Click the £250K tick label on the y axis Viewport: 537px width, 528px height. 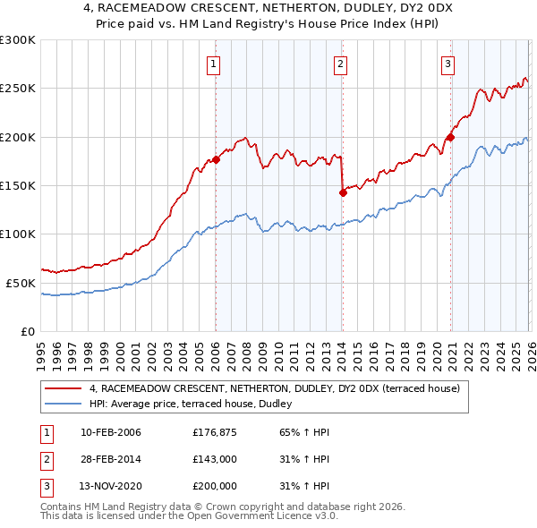click(18, 89)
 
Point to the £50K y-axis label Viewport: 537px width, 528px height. click(21, 283)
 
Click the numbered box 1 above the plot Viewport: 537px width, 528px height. click(215, 64)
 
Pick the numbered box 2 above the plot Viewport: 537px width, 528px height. click(341, 64)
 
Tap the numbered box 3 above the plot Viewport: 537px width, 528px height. click(447, 64)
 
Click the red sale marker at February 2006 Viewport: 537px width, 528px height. click(216, 160)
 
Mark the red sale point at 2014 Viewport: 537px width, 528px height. click(343, 192)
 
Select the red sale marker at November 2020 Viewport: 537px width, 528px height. click(450, 137)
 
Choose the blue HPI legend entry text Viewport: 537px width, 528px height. click(197, 404)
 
